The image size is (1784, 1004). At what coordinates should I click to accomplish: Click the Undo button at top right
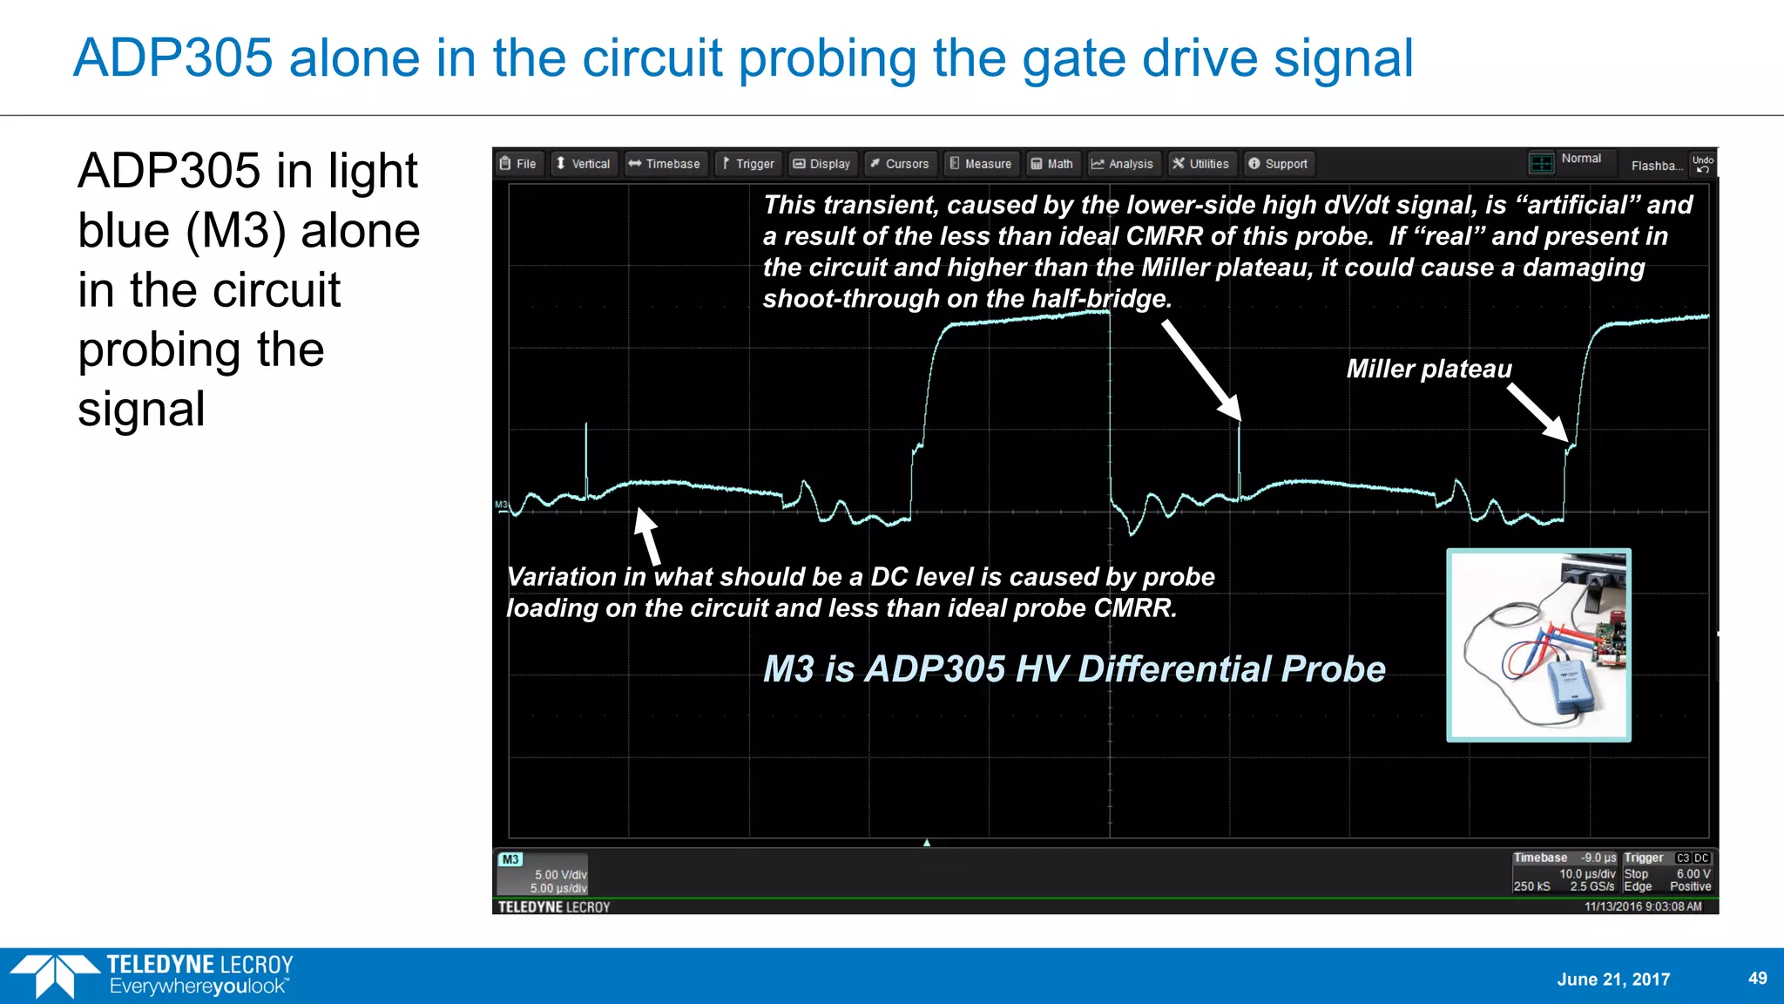(x=1702, y=164)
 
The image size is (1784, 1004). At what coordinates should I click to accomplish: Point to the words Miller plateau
(x=1429, y=369)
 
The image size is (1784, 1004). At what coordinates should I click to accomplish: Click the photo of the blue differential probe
(x=1538, y=645)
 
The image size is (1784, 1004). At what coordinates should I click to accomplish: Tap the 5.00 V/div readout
(x=560, y=874)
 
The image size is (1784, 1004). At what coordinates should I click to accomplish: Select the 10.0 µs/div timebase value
(x=1587, y=873)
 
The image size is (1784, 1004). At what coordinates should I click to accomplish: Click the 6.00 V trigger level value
(x=1693, y=873)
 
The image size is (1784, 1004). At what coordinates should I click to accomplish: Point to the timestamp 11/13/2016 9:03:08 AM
(x=1642, y=906)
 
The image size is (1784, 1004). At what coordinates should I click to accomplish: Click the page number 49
(x=1757, y=978)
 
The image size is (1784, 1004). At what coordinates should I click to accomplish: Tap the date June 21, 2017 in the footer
(x=1613, y=979)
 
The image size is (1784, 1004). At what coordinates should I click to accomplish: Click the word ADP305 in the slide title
(x=172, y=58)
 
